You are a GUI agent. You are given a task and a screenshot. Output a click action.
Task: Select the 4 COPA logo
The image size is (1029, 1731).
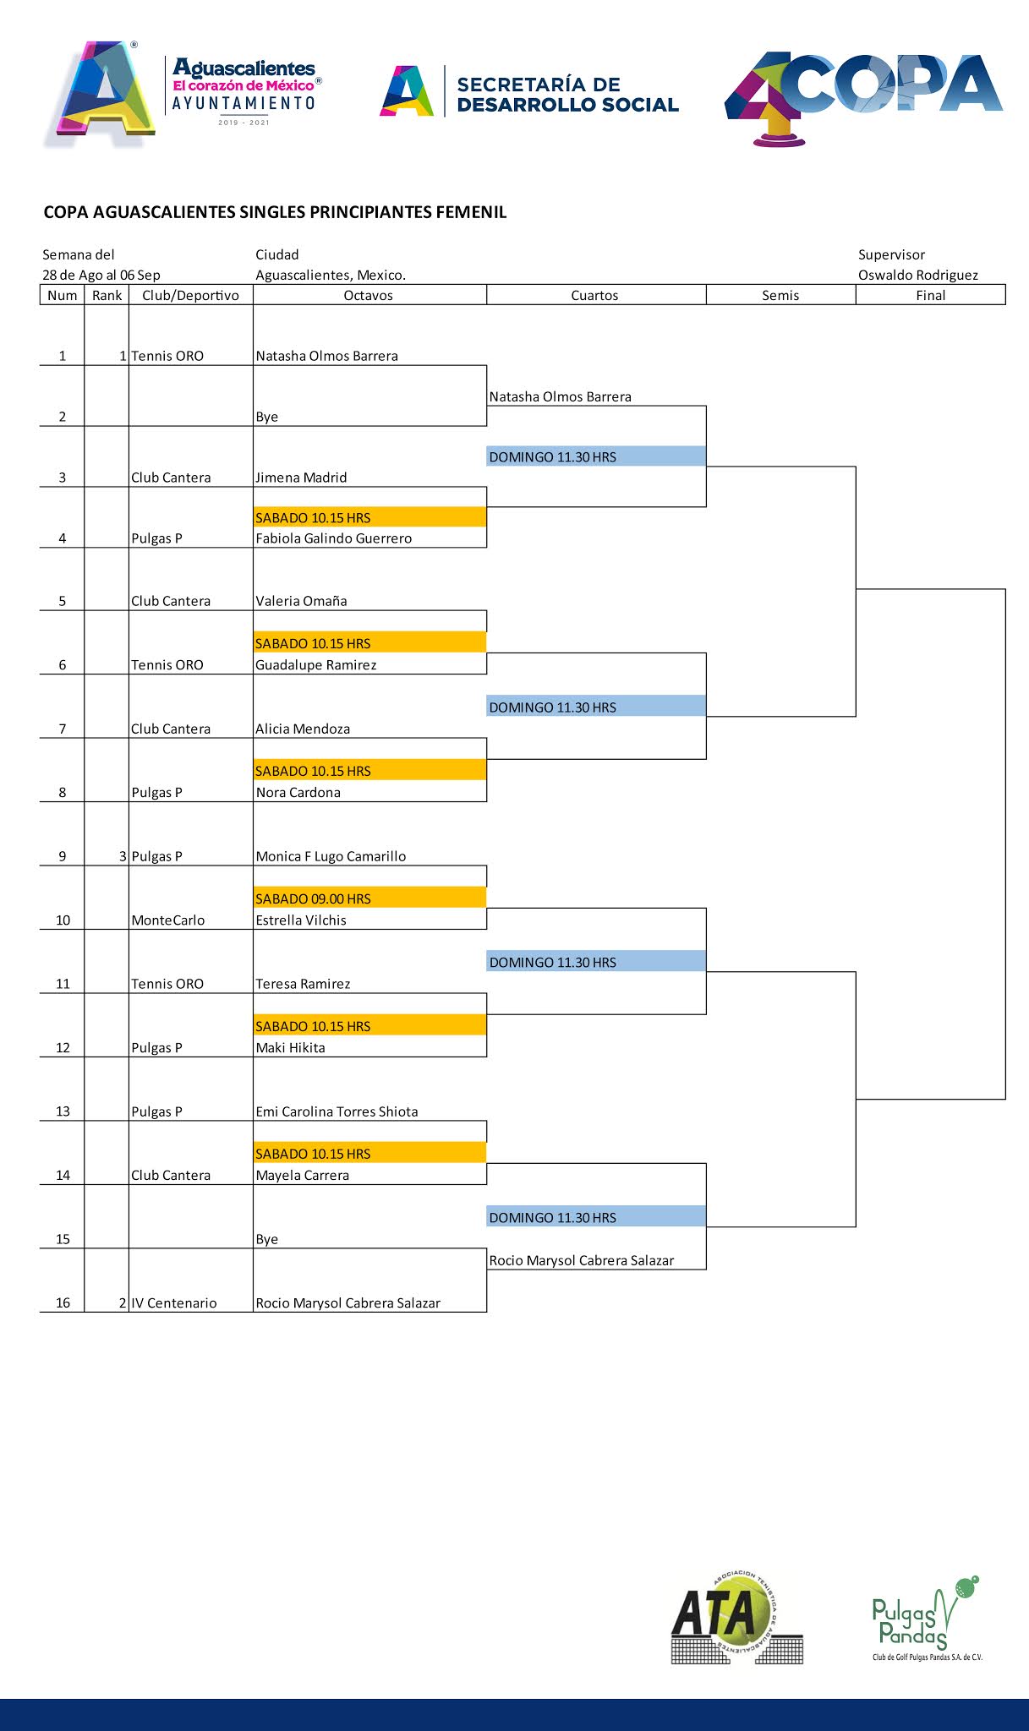pos(863,96)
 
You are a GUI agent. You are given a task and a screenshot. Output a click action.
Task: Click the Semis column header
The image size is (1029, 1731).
pos(780,295)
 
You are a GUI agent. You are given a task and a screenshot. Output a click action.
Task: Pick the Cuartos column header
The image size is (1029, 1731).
pos(594,295)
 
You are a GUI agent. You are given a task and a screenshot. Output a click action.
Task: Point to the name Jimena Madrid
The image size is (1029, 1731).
pos(301,478)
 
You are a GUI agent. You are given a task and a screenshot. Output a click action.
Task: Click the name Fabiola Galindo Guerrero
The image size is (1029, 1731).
pos(333,538)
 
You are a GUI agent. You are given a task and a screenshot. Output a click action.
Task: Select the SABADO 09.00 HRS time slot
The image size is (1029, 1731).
pos(314,898)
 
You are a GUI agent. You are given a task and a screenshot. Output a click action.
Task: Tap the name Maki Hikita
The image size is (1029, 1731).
pos(290,1048)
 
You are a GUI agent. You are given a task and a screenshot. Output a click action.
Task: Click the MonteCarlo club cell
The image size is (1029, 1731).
pos(167,920)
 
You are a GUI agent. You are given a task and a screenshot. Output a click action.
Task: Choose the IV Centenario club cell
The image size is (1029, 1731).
pos(173,1303)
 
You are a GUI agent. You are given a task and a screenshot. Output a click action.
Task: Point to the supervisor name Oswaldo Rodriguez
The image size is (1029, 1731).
pos(917,275)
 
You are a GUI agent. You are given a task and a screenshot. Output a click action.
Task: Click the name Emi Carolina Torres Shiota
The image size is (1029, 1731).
pos(337,1111)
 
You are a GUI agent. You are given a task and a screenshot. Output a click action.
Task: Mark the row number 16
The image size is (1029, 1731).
pos(63,1303)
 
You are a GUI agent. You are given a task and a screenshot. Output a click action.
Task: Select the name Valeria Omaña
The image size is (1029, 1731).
pos(301,601)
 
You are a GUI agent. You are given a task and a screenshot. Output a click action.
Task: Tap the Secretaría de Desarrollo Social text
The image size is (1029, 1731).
pos(566,95)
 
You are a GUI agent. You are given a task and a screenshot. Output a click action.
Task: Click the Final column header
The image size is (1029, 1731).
pos(930,295)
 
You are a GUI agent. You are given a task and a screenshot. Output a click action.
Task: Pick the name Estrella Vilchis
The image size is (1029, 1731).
pos(301,920)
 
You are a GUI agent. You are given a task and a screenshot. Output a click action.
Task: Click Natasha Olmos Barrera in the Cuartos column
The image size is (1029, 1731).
pos(560,396)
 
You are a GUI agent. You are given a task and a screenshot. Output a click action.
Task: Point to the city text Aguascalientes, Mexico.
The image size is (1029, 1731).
pos(331,275)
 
